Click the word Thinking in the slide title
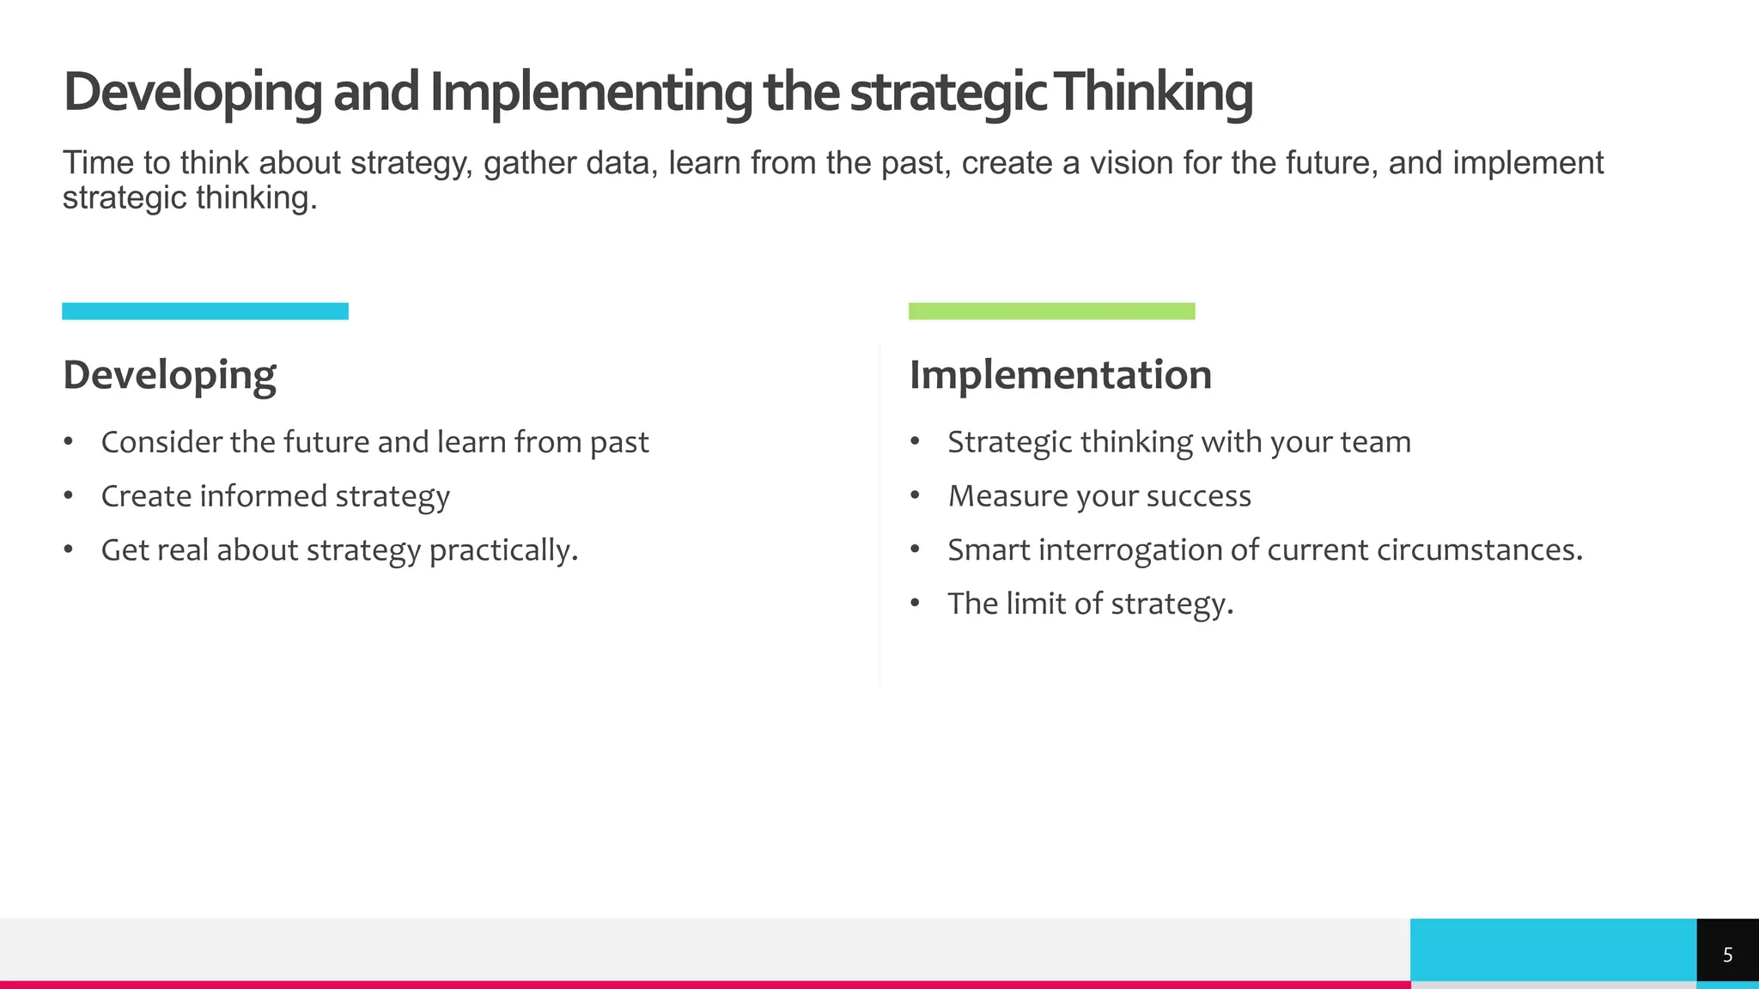click(1154, 93)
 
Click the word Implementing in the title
click(591, 93)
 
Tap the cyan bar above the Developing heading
click(205, 311)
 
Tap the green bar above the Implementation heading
click(1051, 311)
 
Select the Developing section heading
click(169, 375)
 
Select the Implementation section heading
click(1060, 375)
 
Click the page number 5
click(1727, 955)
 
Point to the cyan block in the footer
click(1553, 950)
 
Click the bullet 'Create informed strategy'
click(275, 496)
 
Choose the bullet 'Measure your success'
click(1099, 496)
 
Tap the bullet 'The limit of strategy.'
click(1090, 604)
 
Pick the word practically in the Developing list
click(502, 550)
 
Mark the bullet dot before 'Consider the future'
click(68, 442)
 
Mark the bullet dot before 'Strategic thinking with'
click(915, 442)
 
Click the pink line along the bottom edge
click(687, 985)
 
